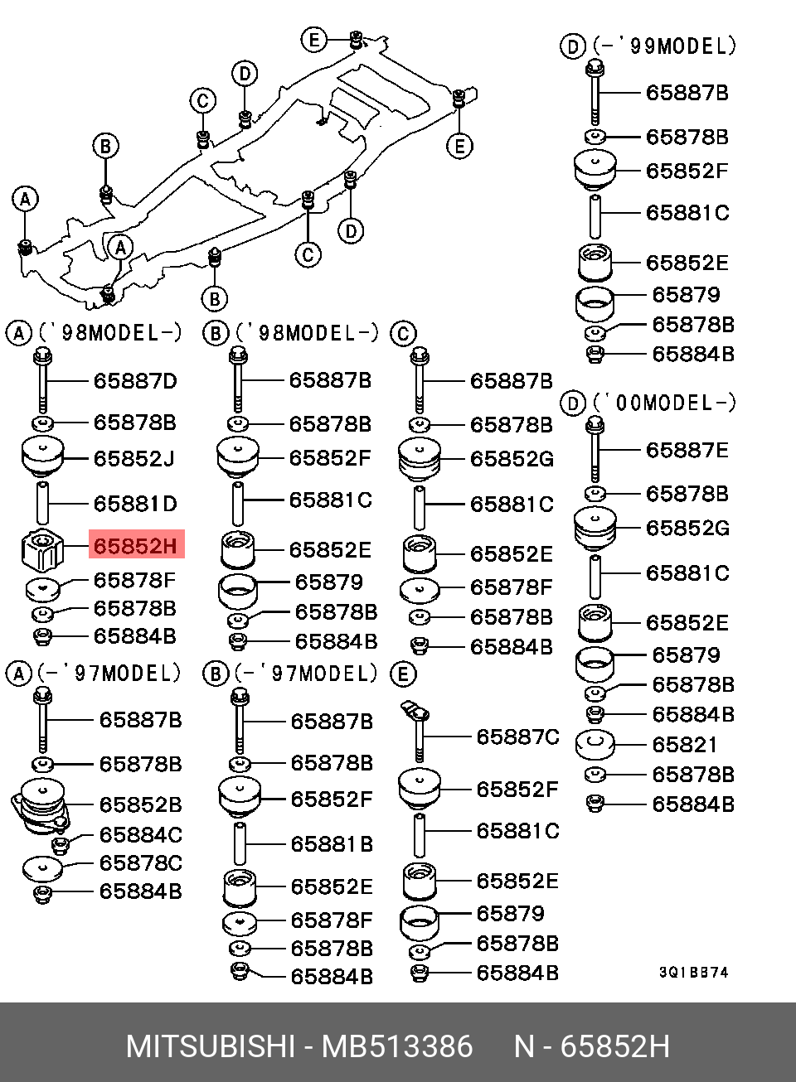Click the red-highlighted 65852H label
coord(135,546)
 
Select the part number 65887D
coord(135,381)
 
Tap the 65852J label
coord(133,458)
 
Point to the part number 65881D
coord(135,504)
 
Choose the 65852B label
coord(140,804)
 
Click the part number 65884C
coord(140,835)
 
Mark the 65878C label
coord(140,863)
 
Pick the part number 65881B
coord(332,844)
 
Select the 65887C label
coord(517,737)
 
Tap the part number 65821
coord(684,745)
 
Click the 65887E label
coord(687,451)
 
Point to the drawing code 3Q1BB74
coord(693,972)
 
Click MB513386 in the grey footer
coord(397,1046)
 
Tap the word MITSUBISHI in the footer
coord(210,1046)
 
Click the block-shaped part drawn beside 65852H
coord(41,549)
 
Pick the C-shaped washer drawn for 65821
coord(595,744)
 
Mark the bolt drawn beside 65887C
coord(419,729)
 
